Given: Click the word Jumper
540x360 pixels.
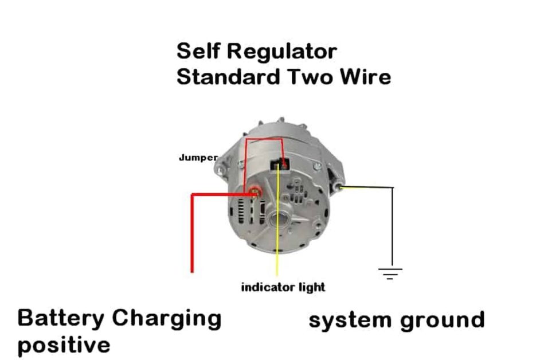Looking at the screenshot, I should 198,158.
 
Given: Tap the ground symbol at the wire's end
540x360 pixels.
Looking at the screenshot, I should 390,273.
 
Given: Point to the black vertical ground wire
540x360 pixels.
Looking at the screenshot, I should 393,229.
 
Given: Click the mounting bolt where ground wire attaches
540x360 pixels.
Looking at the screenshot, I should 341,186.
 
